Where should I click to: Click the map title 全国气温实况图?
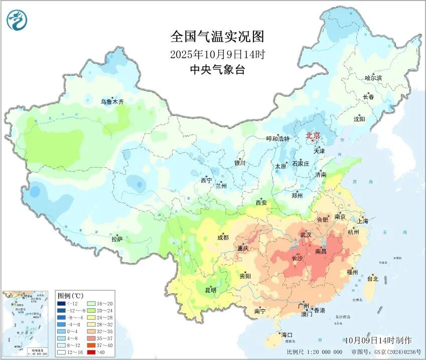click(x=217, y=37)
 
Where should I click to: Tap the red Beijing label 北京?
click(x=313, y=135)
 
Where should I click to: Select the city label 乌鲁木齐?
click(x=112, y=102)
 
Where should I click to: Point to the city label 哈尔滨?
click(x=373, y=78)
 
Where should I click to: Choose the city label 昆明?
click(x=210, y=290)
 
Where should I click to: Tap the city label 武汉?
click(x=306, y=235)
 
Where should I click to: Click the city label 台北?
click(x=373, y=278)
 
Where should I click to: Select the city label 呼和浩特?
click(x=277, y=139)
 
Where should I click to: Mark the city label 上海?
click(x=362, y=221)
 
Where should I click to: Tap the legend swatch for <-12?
click(x=61, y=303)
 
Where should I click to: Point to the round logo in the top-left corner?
click(x=17, y=20)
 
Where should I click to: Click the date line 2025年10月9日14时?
click(x=217, y=54)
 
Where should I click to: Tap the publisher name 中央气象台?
click(x=217, y=70)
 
